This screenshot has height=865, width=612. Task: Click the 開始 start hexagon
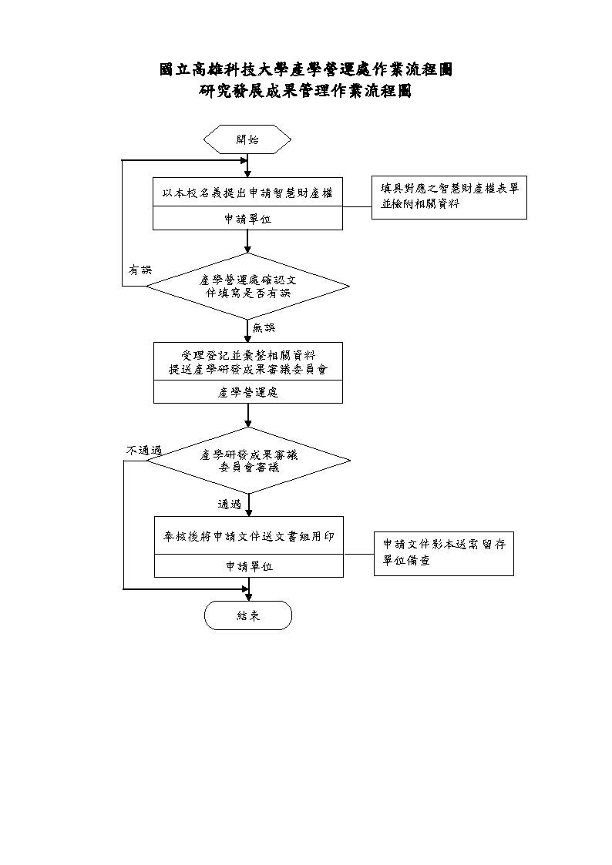click(247, 139)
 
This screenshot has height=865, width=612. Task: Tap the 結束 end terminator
click(247, 615)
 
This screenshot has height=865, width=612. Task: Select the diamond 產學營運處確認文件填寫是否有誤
click(247, 287)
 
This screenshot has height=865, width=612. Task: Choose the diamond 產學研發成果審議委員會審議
click(248, 461)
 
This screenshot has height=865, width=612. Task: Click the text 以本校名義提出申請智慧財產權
click(247, 193)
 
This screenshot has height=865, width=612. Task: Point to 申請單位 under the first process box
click(247, 219)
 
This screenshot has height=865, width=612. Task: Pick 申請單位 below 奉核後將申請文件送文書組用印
click(249, 566)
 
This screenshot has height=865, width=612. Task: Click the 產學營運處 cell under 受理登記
click(247, 392)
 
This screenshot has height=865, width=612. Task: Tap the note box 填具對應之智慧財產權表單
click(449, 197)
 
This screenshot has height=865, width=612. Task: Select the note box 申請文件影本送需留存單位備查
click(444, 553)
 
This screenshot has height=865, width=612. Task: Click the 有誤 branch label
click(140, 270)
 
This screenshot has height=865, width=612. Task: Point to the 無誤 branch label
click(264, 327)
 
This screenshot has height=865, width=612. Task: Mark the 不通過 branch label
click(144, 451)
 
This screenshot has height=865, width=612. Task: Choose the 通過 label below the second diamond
click(230, 505)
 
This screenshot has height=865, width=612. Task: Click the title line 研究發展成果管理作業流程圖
click(305, 90)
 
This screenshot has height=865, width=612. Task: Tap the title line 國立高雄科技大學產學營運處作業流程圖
click(306, 69)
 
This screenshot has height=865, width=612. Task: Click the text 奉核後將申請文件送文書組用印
click(249, 536)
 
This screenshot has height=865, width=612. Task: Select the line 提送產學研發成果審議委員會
click(247, 369)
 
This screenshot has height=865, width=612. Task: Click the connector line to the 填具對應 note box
click(357, 207)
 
